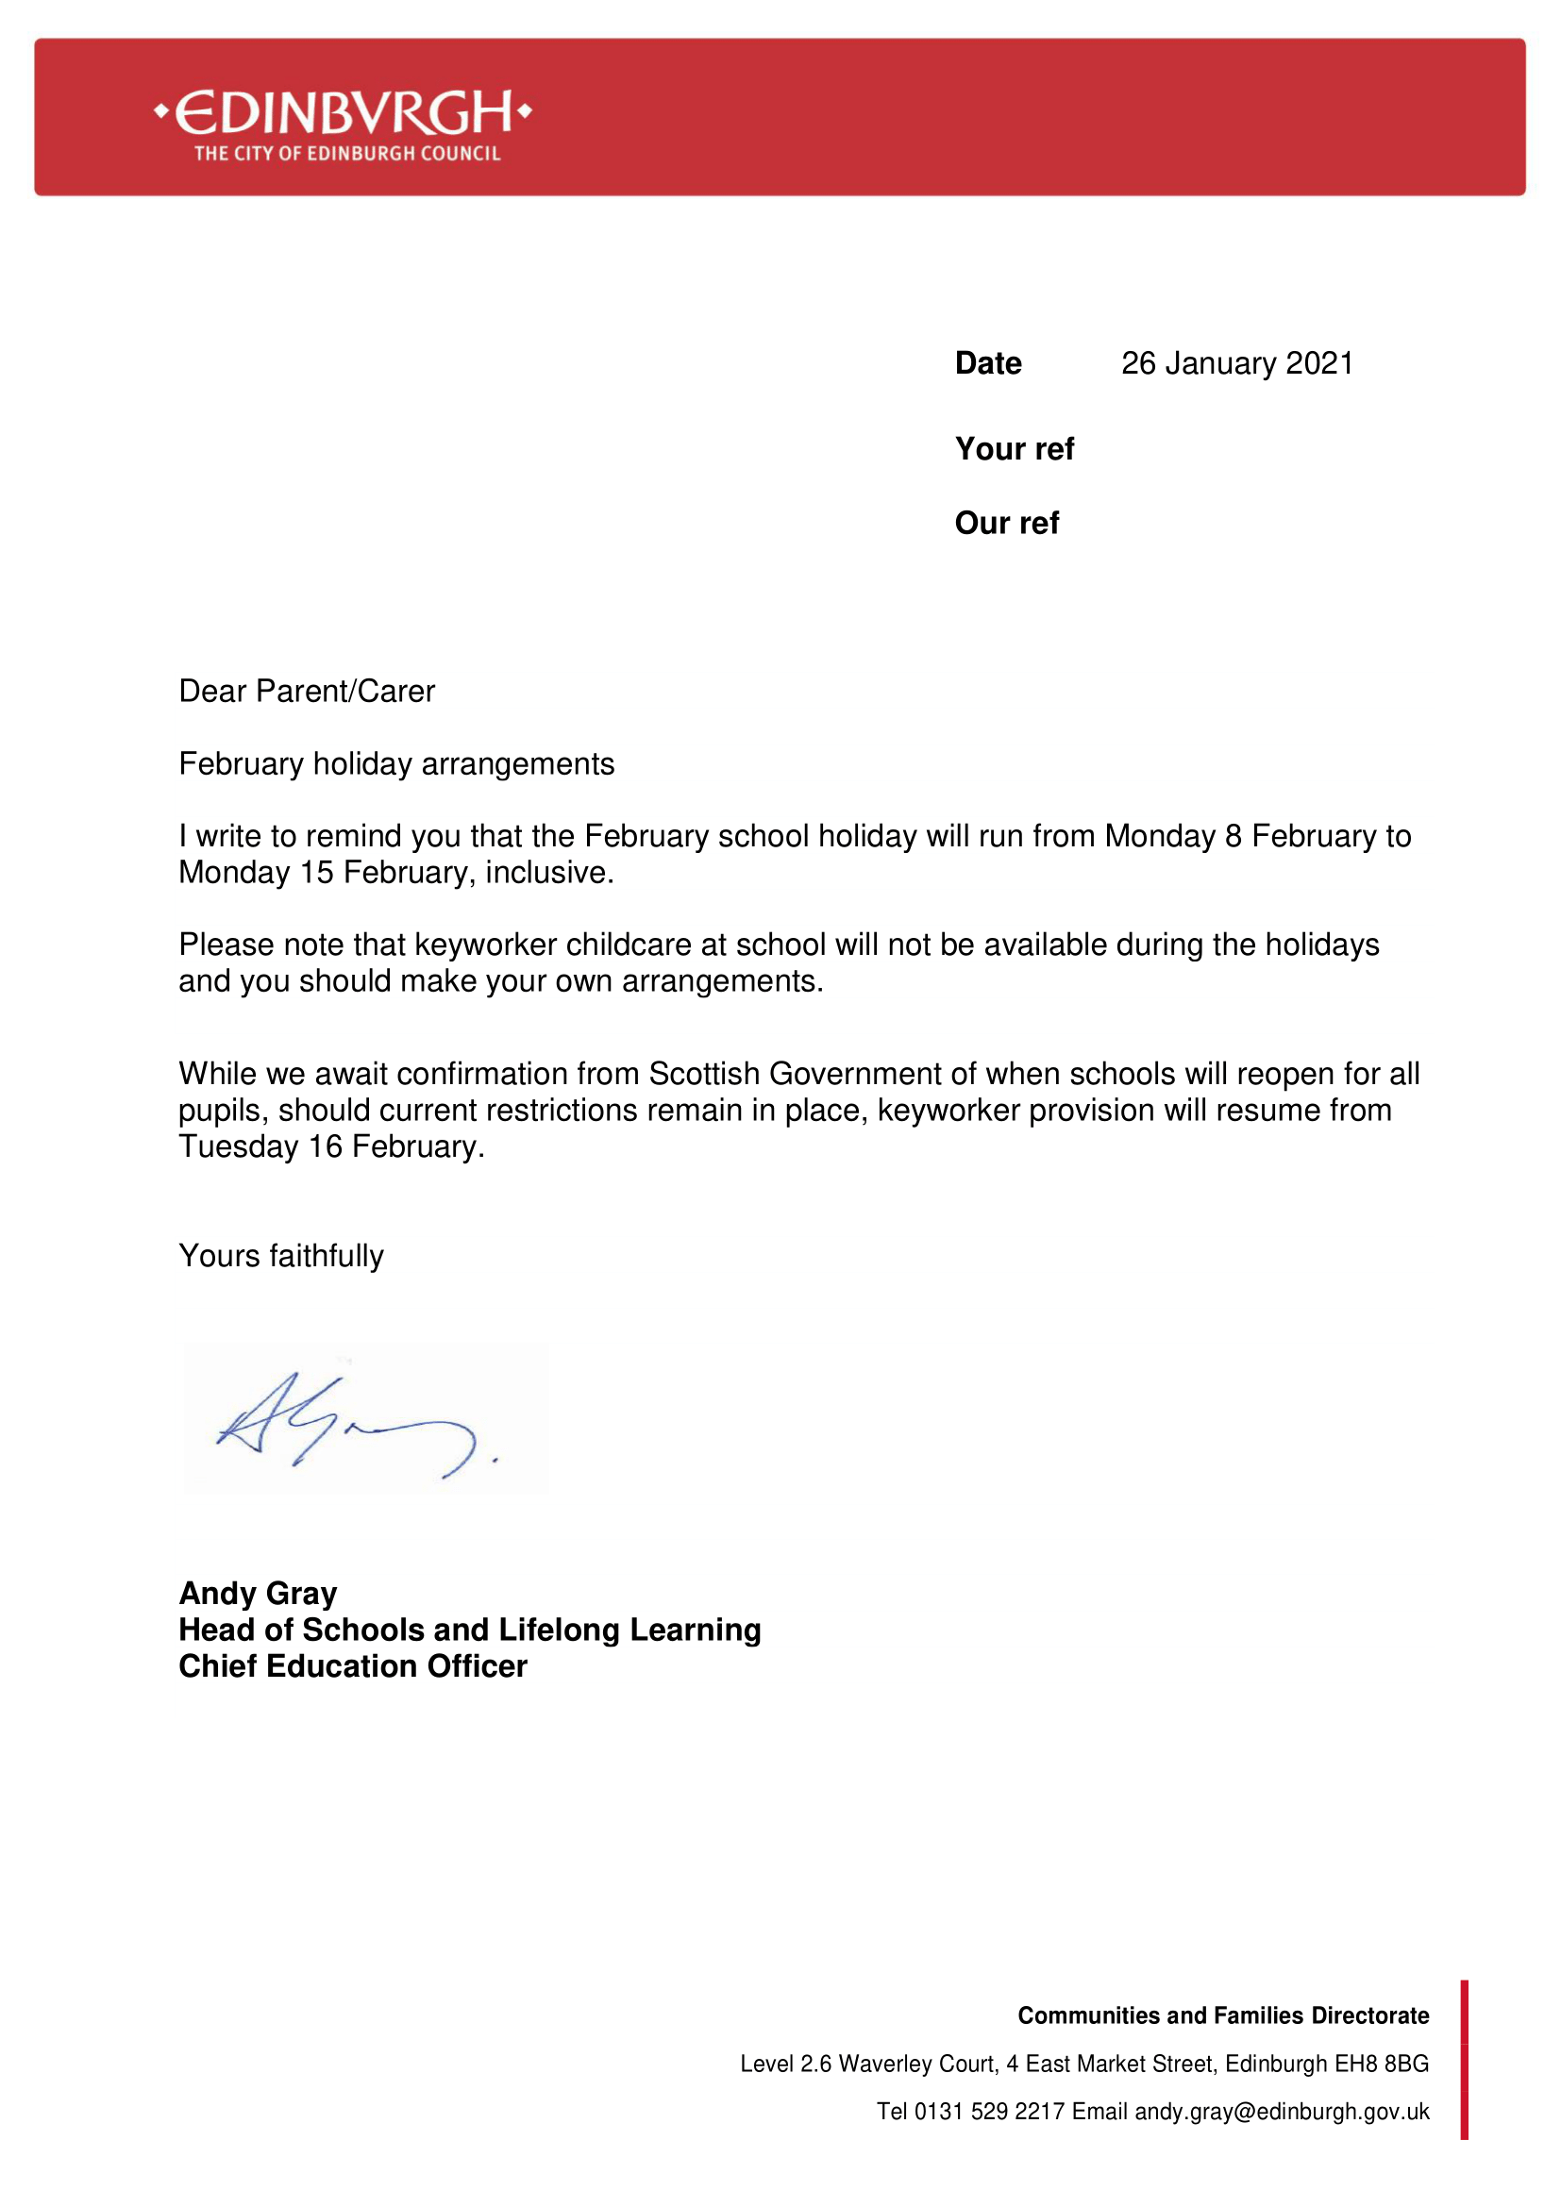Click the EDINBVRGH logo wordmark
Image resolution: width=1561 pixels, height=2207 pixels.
click(344, 113)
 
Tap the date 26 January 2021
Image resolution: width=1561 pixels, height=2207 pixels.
click(1236, 363)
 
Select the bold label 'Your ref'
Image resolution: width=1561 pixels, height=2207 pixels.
click(1014, 449)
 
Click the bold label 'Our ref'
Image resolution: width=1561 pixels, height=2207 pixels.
click(1006, 523)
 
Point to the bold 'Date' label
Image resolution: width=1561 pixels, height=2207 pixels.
click(988, 363)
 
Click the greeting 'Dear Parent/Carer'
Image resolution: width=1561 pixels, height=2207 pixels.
click(307, 691)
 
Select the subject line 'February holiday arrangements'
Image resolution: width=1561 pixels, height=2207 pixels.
click(396, 764)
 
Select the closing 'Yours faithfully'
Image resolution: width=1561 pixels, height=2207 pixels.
click(280, 1256)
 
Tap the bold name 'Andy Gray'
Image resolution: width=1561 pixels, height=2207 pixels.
click(258, 1594)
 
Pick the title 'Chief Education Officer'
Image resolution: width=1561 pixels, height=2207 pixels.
click(353, 1666)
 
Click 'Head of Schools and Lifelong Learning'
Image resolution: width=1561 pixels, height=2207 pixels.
click(469, 1630)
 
